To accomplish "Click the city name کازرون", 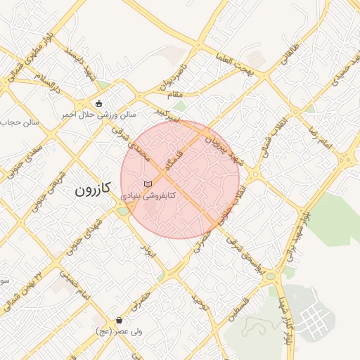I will [93, 190].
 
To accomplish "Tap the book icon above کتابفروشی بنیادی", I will [147, 184].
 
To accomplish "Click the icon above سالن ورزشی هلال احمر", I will [98, 103].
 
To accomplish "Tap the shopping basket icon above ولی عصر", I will [120, 321].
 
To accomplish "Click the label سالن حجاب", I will [20, 122].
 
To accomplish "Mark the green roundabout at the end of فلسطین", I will [271, 276].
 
